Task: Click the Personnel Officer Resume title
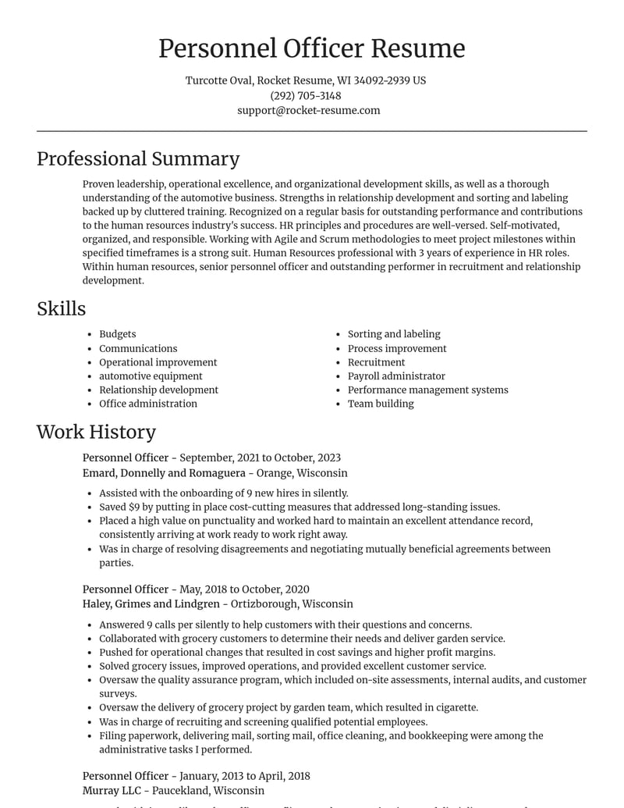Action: pyautogui.click(x=311, y=48)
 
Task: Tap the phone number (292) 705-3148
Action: pyautogui.click(x=306, y=95)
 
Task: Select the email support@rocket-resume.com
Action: pyautogui.click(x=309, y=110)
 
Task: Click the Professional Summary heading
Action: pyautogui.click(x=138, y=158)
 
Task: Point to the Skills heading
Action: pyautogui.click(x=61, y=308)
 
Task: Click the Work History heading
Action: pyautogui.click(x=96, y=432)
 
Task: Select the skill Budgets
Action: pyautogui.click(x=117, y=334)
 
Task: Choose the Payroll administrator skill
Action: pyautogui.click(x=396, y=376)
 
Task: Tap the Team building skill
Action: pyautogui.click(x=381, y=404)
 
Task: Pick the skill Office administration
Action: pyautogui.click(x=148, y=404)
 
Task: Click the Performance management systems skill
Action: pyautogui.click(x=427, y=390)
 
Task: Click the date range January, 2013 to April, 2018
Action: pyautogui.click(x=245, y=776)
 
